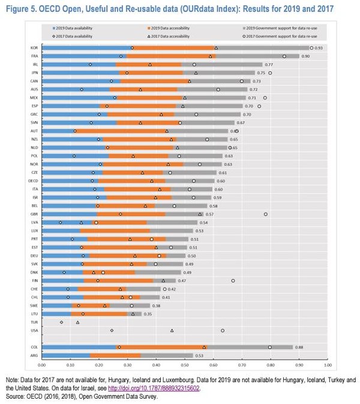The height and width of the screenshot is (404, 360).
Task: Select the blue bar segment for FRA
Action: pos(84,56)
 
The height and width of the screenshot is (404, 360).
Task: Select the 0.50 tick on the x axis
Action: pos(185,364)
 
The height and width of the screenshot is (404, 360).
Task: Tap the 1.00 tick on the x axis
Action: pos(327,364)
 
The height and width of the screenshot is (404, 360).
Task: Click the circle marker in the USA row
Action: pos(223,330)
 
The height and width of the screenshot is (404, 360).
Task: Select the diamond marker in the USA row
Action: pos(112,330)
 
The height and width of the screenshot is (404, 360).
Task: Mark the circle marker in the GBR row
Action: pos(266,213)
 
